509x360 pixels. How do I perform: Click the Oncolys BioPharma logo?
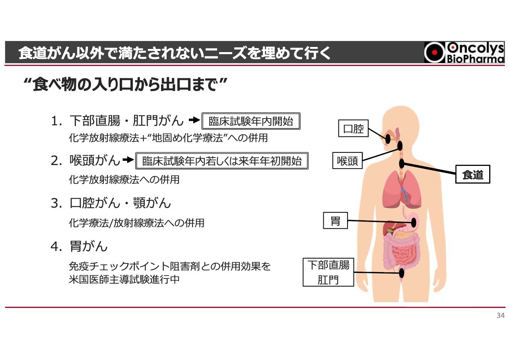click(x=464, y=53)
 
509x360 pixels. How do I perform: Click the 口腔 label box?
click(x=353, y=129)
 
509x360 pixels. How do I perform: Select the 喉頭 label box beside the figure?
click(x=348, y=161)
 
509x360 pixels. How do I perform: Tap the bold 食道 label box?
click(x=472, y=175)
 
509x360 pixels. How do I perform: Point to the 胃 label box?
click(x=336, y=221)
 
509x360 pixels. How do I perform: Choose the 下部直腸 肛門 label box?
click(x=328, y=272)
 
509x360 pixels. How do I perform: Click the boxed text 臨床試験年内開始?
click(x=251, y=122)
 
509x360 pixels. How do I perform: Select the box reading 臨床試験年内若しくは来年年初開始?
click(x=222, y=161)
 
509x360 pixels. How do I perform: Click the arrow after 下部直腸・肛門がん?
click(x=194, y=120)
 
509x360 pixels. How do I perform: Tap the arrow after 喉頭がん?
click(x=128, y=160)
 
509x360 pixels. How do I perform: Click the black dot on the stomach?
click(x=414, y=222)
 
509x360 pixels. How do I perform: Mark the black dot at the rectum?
click(x=402, y=273)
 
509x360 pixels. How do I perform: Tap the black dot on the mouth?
click(x=388, y=139)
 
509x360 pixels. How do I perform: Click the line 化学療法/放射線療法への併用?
click(x=136, y=223)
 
